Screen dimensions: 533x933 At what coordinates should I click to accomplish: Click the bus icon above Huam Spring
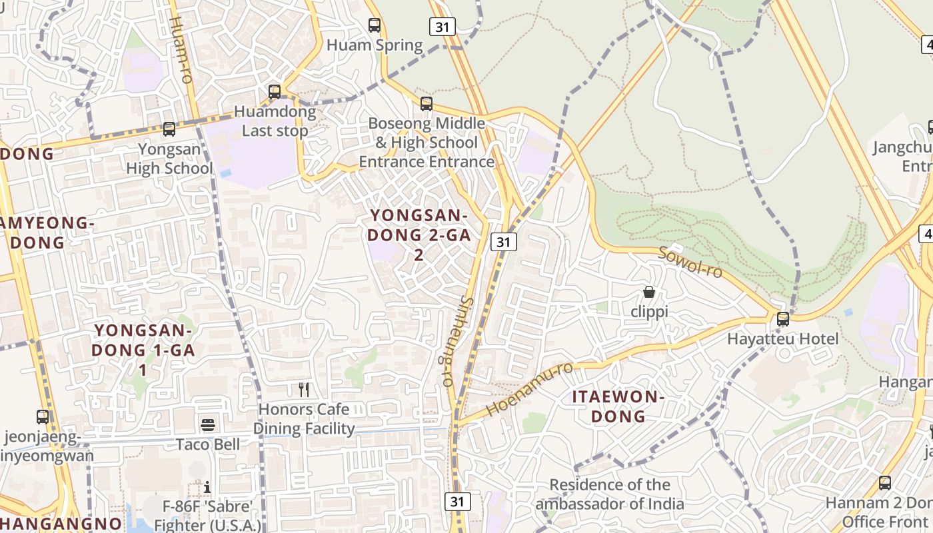coord(375,25)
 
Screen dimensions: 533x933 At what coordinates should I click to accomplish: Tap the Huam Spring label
coord(375,45)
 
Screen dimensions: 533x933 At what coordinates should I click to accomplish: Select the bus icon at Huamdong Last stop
coord(274,92)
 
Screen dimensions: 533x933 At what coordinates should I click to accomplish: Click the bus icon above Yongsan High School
coord(169,129)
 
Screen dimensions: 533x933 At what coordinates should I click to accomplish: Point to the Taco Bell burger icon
coord(208,424)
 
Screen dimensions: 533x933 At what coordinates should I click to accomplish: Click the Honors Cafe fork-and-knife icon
coord(304,389)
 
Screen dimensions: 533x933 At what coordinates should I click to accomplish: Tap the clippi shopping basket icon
coord(649,292)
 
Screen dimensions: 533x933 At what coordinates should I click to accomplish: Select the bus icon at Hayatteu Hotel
coord(783,319)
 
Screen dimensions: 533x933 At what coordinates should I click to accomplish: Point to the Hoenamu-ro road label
coord(530,390)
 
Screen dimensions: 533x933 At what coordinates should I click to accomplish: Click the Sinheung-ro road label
coord(448,341)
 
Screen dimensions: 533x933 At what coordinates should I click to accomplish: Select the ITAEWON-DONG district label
coord(618,406)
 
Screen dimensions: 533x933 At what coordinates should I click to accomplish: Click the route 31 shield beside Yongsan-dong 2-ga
coord(504,242)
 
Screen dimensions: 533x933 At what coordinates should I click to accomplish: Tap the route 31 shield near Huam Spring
coord(442,27)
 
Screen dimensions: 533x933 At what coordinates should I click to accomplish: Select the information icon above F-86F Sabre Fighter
coord(207,487)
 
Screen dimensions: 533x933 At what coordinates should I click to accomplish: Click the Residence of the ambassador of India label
coord(610,494)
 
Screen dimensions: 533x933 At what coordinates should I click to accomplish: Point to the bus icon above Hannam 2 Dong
coord(885,483)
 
